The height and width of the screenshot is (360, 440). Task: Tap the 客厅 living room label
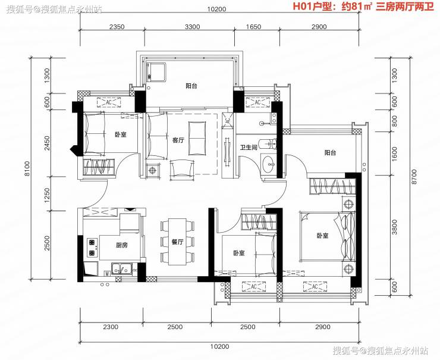(x=178, y=140)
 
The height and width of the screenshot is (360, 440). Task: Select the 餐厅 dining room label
(x=177, y=242)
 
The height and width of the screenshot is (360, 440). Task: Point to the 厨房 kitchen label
(x=122, y=245)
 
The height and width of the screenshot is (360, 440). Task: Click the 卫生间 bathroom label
(x=249, y=147)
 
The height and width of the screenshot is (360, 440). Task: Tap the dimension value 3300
(x=193, y=27)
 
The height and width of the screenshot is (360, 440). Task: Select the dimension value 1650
(x=253, y=27)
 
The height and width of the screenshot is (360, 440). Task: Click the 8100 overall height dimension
(x=27, y=168)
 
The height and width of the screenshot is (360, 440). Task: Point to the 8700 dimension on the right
(x=414, y=176)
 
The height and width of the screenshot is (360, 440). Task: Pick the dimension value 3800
(x=395, y=227)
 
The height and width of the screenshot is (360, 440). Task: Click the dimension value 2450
(x=47, y=143)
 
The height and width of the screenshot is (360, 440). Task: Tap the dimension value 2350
(x=117, y=27)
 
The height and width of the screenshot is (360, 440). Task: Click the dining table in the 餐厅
(x=177, y=242)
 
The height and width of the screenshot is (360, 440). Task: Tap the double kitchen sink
(x=122, y=269)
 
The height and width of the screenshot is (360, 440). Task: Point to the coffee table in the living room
(x=197, y=138)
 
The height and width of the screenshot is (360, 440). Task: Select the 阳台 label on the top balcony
(x=191, y=86)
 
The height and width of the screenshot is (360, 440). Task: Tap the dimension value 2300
(x=111, y=327)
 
